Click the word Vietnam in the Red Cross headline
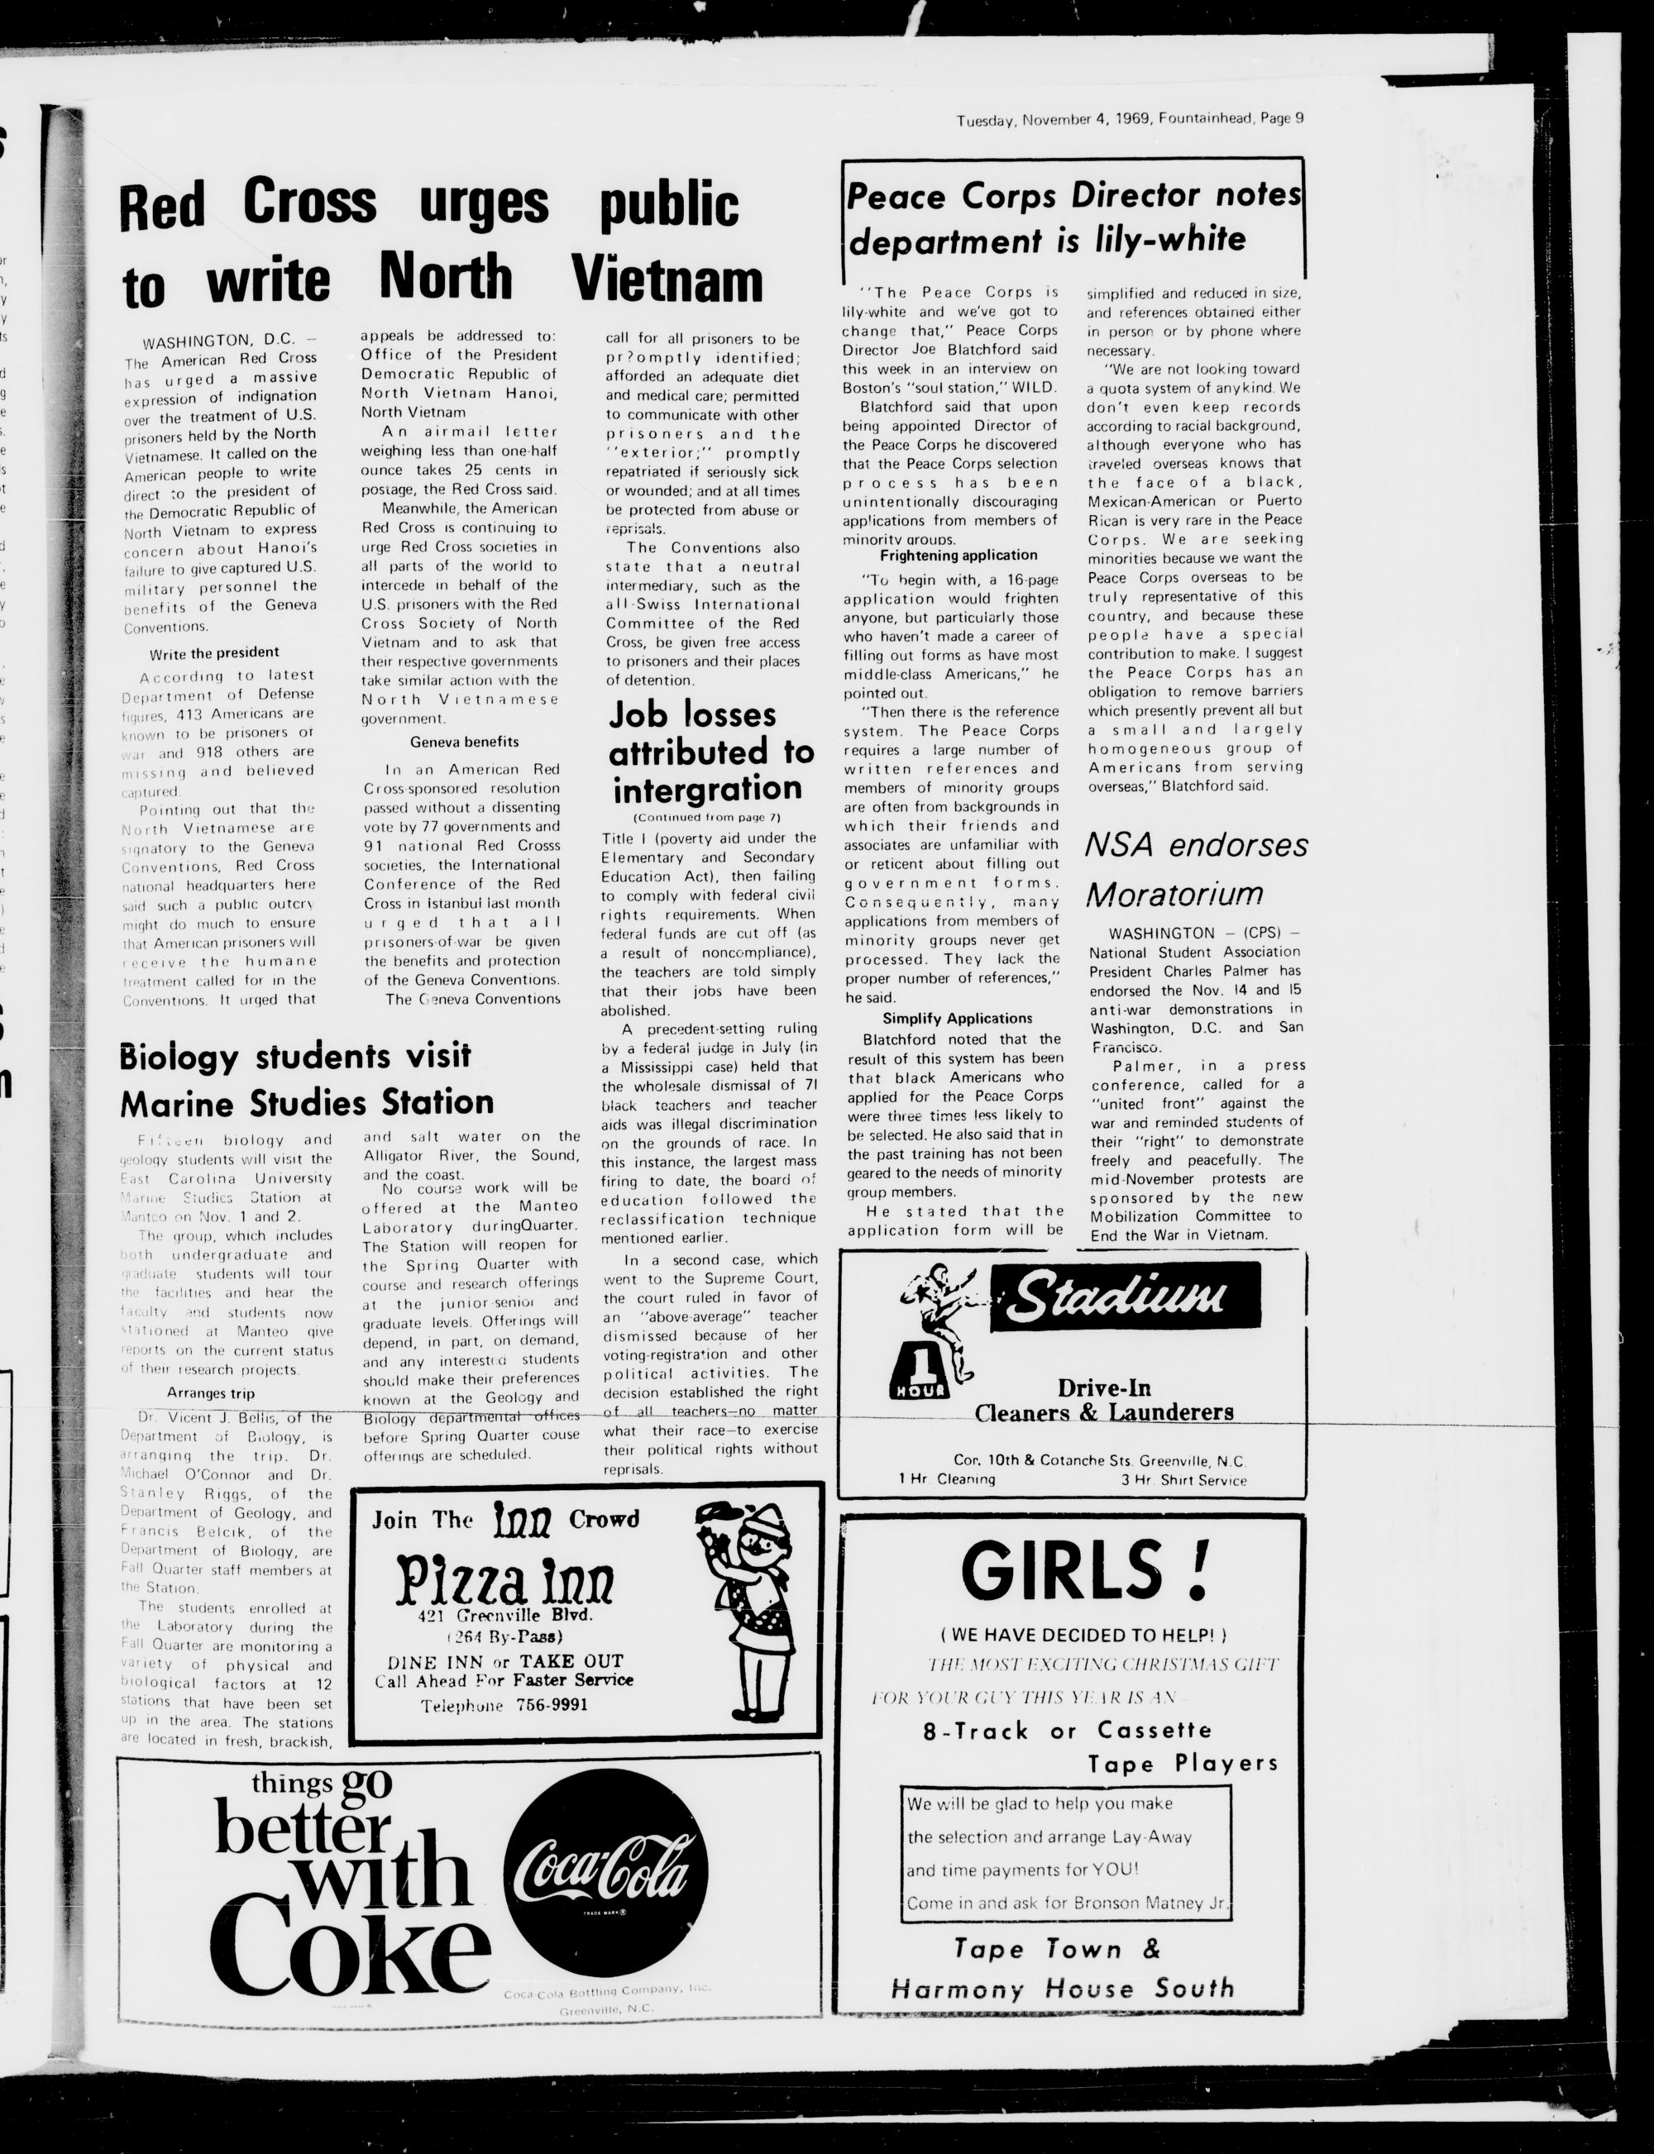(x=667, y=279)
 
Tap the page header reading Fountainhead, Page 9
(x=1231, y=119)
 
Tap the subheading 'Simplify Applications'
(x=957, y=1019)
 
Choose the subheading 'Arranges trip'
(x=210, y=1394)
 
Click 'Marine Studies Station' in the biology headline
(x=306, y=1102)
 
